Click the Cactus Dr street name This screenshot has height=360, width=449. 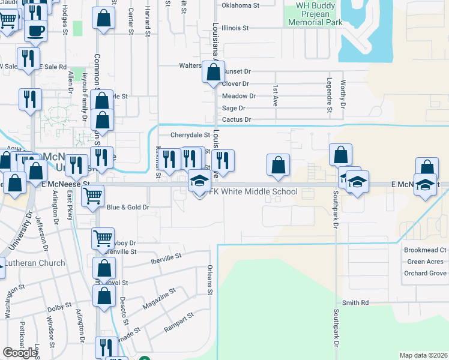coord(236,120)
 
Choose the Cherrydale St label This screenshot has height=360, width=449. coord(190,136)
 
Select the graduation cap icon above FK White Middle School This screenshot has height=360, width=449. coord(200,181)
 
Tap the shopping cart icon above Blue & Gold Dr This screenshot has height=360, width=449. coord(92,195)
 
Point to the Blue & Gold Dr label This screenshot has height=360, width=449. coord(128,207)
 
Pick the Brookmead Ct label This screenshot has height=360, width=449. coord(426,250)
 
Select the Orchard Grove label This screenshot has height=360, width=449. coord(426,273)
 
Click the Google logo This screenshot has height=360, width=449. coord(20,352)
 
